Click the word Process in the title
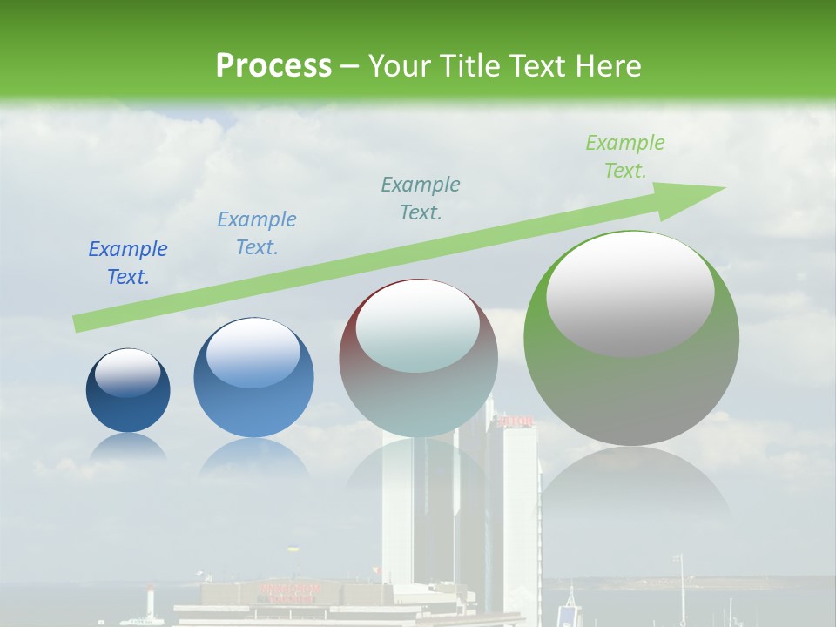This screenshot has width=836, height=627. tap(273, 65)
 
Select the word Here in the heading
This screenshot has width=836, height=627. tap(609, 65)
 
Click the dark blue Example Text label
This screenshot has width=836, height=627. tap(127, 262)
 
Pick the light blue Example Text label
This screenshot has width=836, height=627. tap(256, 233)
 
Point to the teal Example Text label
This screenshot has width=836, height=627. tap(421, 198)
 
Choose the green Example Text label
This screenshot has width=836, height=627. tap(624, 156)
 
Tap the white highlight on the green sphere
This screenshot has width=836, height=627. tap(630, 292)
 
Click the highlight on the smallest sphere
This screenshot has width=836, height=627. tap(127, 373)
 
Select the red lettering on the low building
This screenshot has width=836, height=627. tap(290, 593)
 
